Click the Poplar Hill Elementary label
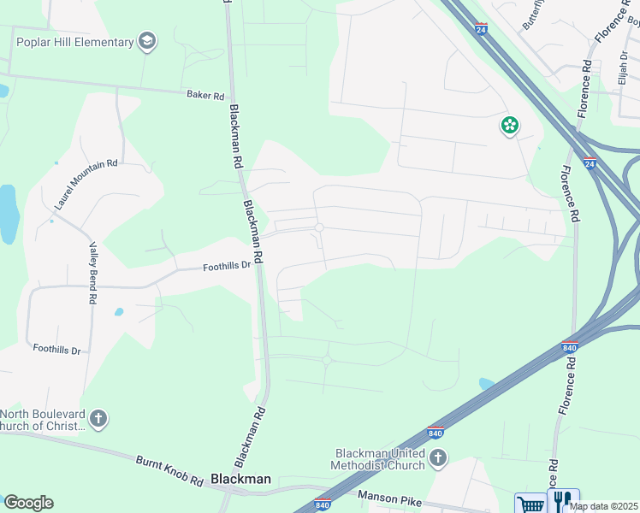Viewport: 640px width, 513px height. (x=75, y=42)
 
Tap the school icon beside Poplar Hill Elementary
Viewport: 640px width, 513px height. (x=147, y=41)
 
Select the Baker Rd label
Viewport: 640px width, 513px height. (x=204, y=95)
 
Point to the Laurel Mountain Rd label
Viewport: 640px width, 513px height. (x=86, y=184)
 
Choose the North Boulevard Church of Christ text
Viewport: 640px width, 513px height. (x=43, y=420)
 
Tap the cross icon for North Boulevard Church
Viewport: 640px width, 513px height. (x=98, y=419)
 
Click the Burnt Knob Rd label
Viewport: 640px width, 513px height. (x=169, y=471)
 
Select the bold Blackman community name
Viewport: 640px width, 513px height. (x=240, y=480)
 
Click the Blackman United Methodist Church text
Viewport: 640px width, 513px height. (x=379, y=459)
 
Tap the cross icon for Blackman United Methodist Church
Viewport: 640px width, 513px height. (x=437, y=458)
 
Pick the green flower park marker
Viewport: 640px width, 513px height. (x=510, y=126)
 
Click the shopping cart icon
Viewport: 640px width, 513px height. (x=530, y=503)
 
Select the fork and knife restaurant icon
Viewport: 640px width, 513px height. (x=563, y=501)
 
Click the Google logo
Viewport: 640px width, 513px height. (x=28, y=502)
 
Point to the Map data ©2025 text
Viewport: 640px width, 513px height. (x=602, y=506)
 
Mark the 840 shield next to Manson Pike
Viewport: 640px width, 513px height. (x=323, y=504)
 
